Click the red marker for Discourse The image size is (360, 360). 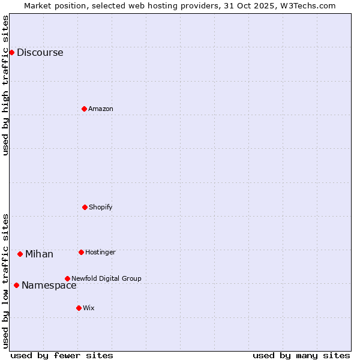pyautogui.click(x=11, y=52)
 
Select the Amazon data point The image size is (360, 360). pyautogui.click(x=84, y=109)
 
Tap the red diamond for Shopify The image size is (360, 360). pyautogui.click(x=85, y=207)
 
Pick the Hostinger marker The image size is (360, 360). pyautogui.click(x=81, y=252)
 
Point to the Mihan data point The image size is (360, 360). pyautogui.click(x=20, y=254)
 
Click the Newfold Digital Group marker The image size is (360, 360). pyautogui.click(x=67, y=278)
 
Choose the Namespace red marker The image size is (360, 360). pyautogui.click(x=16, y=285)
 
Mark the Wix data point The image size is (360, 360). pyautogui.click(x=79, y=308)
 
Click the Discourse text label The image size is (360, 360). pyautogui.click(x=40, y=53)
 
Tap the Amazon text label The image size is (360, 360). pyautogui.click(x=101, y=109)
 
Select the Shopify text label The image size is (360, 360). pyautogui.click(x=101, y=208)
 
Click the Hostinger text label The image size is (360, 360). pyautogui.click(x=100, y=253)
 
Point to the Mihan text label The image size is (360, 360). pyautogui.click(x=39, y=254)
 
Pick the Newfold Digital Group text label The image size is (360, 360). pyautogui.click(x=106, y=279)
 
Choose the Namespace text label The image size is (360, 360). pyautogui.click(x=49, y=286)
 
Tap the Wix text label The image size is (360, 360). pyautogui.click(x=89, y=308)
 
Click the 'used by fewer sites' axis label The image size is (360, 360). pyautogui.click(x=62, y=355)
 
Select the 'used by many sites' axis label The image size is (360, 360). pyautogui.click(x=301, y=355)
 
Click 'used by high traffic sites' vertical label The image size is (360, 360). pyautogui.click(x=6, y=85)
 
